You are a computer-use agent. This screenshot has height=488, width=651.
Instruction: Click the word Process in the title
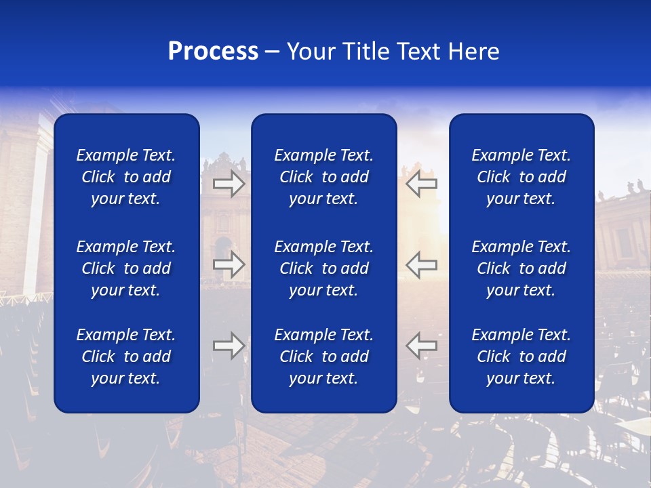[213, 52]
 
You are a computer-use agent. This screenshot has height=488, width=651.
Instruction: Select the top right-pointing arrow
[229, 184]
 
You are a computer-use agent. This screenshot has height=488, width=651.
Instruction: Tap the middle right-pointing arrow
[229, 264]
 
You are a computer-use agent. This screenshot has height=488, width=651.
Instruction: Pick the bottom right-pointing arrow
[229, 346]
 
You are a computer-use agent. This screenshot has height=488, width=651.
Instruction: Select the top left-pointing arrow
[421, 184]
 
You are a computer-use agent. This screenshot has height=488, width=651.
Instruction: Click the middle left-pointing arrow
[421, 264]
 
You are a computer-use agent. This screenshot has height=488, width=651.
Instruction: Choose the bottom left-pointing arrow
[421, 346]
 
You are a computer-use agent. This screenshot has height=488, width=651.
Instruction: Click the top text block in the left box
[126, 177]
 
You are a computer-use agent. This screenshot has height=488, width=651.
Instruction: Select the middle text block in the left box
[126, 268]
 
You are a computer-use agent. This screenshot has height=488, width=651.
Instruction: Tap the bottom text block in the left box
[126, 357]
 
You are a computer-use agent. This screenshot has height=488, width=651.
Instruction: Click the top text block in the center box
[323, 177]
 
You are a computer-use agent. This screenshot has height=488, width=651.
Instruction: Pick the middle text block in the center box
[323, 268]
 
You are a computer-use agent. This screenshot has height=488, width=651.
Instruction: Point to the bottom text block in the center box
[323, 357]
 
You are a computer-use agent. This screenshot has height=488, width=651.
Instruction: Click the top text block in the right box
[521, 177]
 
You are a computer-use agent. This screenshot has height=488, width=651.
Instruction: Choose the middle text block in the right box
[521, 268]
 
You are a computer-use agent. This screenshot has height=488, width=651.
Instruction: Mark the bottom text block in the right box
[521, 357]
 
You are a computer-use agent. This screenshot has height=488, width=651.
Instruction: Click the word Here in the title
[474, 52]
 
